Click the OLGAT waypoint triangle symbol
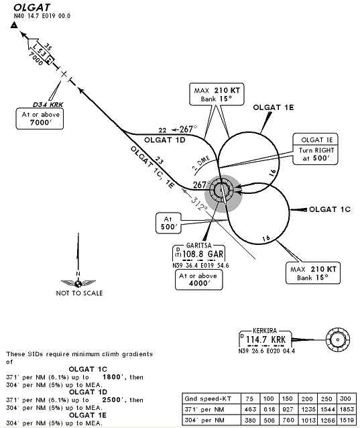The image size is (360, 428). click(14, 25)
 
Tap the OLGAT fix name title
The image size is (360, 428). click(32, 7)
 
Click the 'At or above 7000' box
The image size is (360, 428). click(40, 119)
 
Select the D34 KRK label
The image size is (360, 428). click(48, 105)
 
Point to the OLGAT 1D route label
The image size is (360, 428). click(165, 140)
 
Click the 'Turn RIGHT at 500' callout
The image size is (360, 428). click(315, 149)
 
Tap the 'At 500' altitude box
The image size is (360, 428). click(168, 223)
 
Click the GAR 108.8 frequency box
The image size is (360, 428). click(199, 253)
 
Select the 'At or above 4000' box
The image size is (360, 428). click(198, 280)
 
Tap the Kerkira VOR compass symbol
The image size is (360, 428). click(338, 340)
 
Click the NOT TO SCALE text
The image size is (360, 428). click(79, 293)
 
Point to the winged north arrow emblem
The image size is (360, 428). click(78, 283)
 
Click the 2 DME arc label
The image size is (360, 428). click(200, 163)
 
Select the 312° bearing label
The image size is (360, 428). click(199, 204)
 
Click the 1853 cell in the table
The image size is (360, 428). click(347, 409)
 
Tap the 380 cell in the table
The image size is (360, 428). click(251, 420)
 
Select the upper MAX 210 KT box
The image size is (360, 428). click(217, 94)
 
